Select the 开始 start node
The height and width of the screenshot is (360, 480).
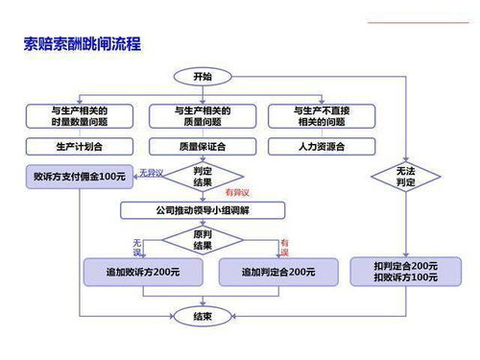coord(203,77)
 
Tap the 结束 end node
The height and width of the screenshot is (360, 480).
coord(203,315)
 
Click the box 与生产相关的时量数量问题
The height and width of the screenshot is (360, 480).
coord(79,116)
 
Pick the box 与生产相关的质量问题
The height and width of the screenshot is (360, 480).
coord(203,116)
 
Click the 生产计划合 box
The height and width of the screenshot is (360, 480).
coord(79,147)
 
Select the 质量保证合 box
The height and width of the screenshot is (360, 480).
coord(203,147)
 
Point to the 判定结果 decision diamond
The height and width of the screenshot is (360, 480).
coord(203,176)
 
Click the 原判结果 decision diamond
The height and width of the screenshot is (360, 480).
coord(203,240)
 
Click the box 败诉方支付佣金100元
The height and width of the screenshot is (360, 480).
coord(79,178)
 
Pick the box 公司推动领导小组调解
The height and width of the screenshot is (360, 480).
coord(203,210)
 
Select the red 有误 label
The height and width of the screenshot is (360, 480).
coord(284,247)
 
